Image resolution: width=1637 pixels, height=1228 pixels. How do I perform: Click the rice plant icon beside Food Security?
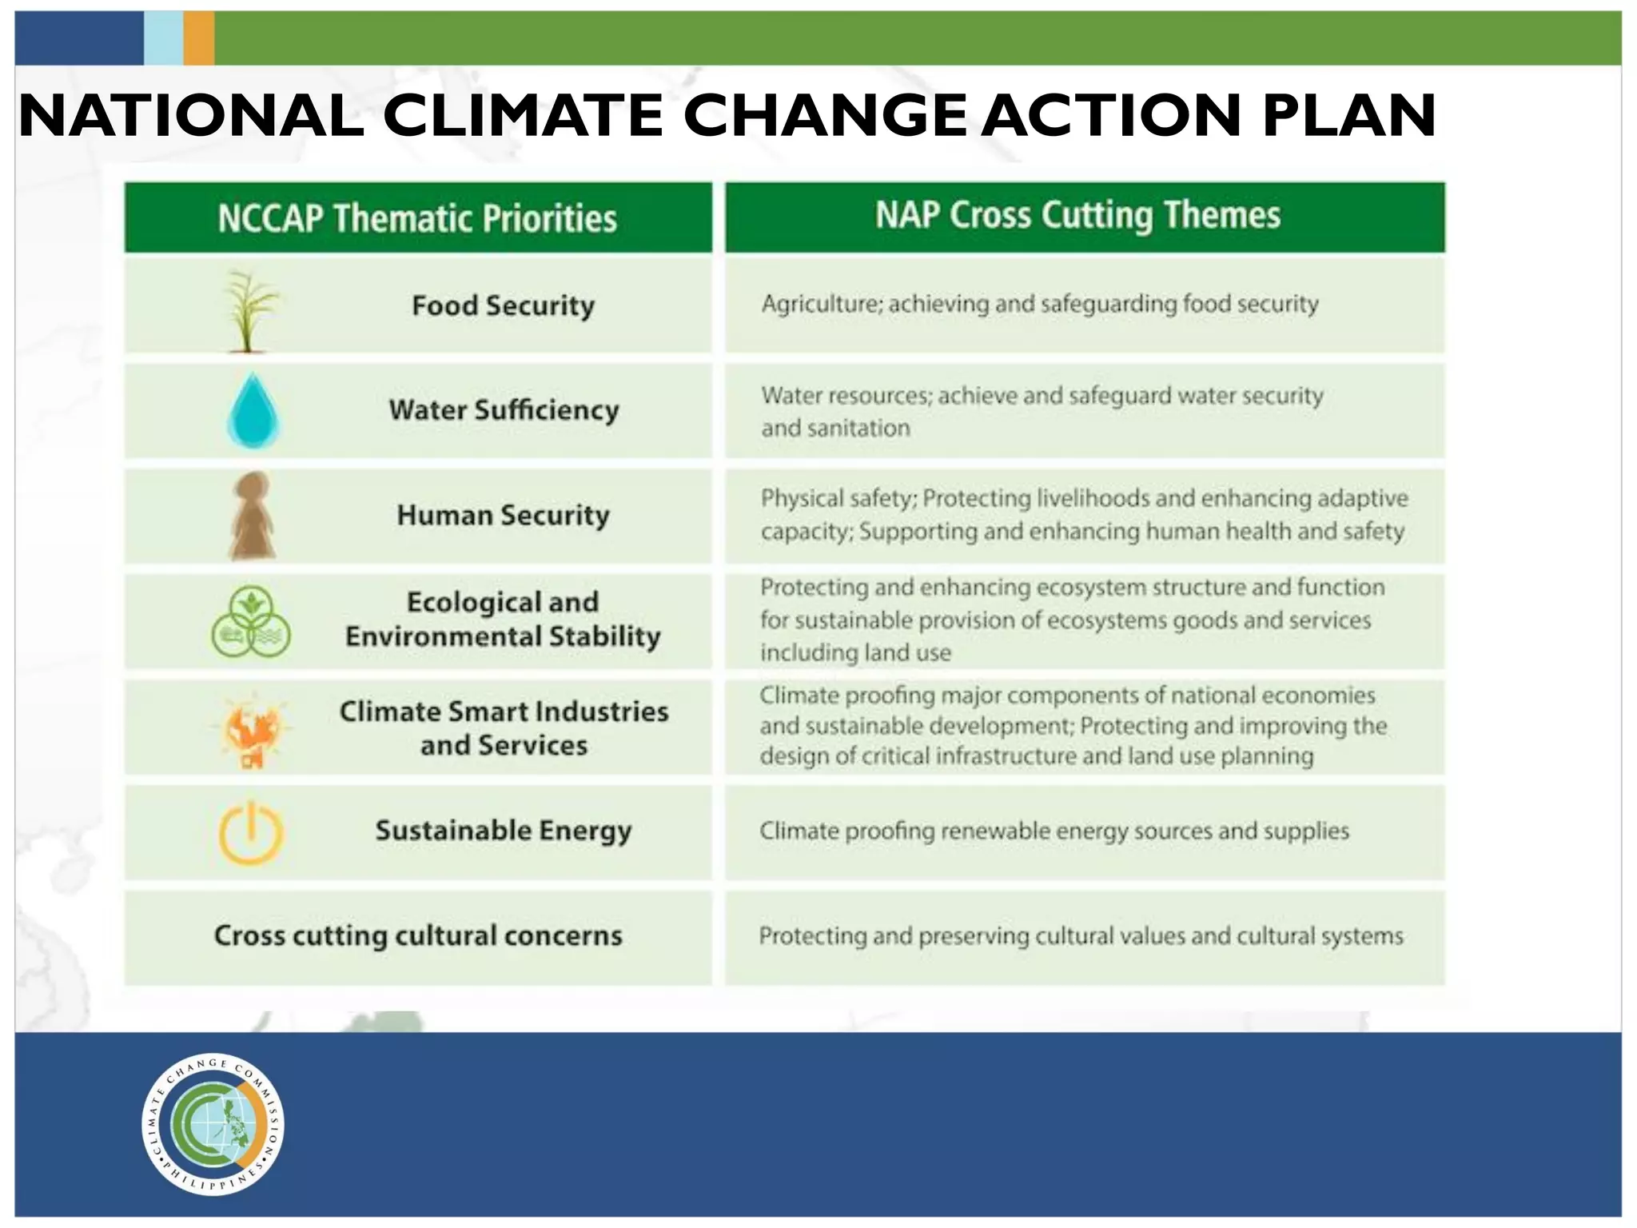click(x=250, y=310)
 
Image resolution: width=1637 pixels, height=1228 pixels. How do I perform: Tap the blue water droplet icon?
click(x=253, y=411)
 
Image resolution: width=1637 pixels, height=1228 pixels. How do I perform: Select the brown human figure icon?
click(x=253, y=516)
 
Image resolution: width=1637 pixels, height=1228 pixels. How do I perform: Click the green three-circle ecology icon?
click(x=251, y=622)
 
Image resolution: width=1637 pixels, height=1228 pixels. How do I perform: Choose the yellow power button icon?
click(x=251, y=833)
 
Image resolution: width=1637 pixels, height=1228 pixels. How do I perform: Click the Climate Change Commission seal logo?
click(x=213, y=1124)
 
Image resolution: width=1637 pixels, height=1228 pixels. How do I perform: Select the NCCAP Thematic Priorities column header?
click(x=417, y=218)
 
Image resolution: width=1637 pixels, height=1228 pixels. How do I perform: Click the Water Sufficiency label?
click(x=504, y=410)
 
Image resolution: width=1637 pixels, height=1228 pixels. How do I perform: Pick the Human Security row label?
click(x=503, y=516)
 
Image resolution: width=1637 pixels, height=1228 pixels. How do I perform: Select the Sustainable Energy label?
click(x=504, y=831)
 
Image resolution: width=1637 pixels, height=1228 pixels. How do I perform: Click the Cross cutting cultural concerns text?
click(x=418, y=935)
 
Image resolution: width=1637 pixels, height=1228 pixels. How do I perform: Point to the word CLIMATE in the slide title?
click(x=524, y=116)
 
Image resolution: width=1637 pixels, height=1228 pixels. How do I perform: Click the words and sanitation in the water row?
click(x=835, y=429)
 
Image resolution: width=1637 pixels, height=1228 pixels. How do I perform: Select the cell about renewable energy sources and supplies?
click(x=1053, y=831)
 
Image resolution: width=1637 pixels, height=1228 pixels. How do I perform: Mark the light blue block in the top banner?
click(x=163, y=38)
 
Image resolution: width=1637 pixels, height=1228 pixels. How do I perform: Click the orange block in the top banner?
click(x=198, y=38)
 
